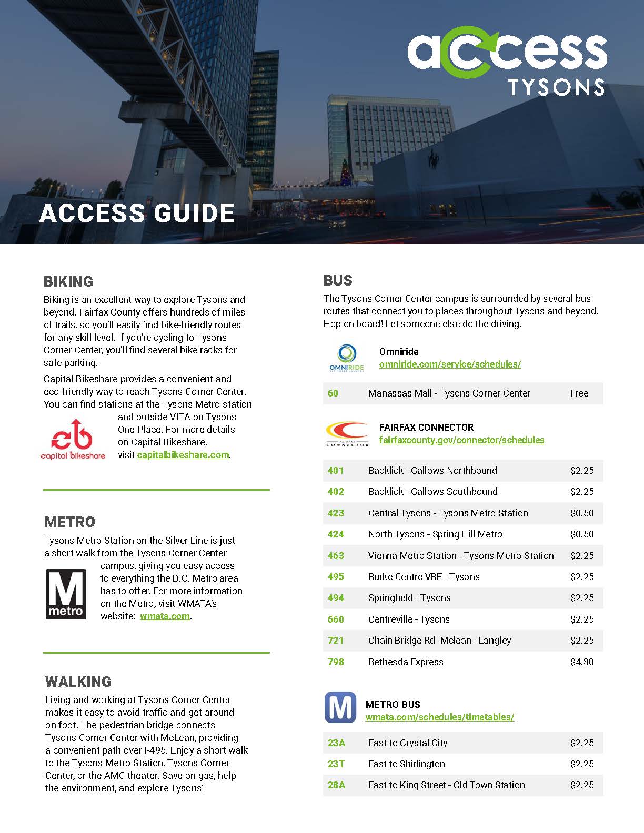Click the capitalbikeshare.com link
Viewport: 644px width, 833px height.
point(183,455)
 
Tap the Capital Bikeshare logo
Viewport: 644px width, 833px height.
point(73,439)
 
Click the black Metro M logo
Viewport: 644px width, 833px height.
point(65,593)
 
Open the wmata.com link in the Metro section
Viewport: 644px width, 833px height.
point(165,616)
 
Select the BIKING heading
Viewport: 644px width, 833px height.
point(68,281)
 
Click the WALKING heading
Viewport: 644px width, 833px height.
point(78,682)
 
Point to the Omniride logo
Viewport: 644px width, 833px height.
point(346,358)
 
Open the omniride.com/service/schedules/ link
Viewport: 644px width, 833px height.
point(450,364)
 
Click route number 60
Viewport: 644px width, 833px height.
point(333,393)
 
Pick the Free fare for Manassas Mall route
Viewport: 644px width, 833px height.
point(579,393)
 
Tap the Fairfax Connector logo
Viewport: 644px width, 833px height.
point(347,434)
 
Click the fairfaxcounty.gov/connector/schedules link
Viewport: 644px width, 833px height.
point(461,440)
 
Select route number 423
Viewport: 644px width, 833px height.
point(336,513)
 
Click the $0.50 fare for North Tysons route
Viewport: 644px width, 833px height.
point(581,534)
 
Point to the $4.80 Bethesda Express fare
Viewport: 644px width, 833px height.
point(581,662)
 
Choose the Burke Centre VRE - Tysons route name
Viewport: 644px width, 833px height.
point(424,577)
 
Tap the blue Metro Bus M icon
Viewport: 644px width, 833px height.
point(340,707)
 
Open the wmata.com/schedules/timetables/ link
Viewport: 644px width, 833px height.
point(439,717)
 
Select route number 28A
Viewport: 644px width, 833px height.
point(336,785)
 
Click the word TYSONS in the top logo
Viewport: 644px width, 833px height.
point(556,87)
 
